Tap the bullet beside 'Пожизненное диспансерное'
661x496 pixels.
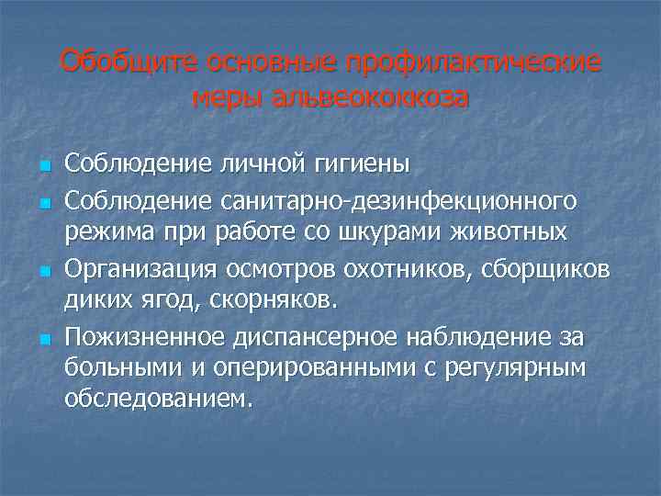click(42, 342)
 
